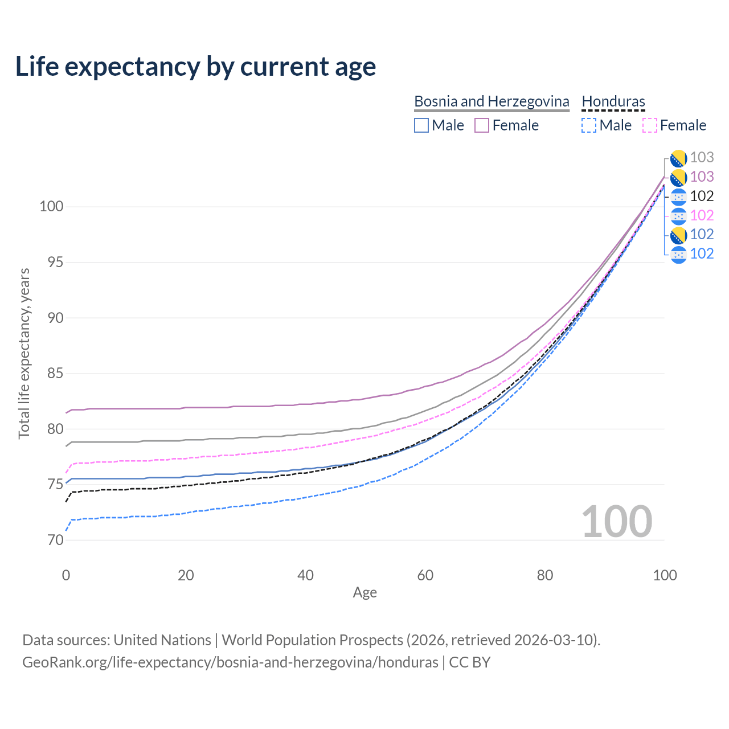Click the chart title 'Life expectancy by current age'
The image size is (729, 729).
click(195, 67)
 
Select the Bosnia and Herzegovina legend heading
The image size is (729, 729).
click(492, 101)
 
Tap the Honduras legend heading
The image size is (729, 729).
click(613, 101)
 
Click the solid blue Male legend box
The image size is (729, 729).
click(421, 125)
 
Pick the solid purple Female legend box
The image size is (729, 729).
click(482, 125)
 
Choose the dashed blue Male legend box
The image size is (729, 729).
click(589, 125)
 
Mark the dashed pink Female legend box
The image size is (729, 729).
click(650, 125)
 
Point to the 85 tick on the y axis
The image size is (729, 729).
click(55, 374)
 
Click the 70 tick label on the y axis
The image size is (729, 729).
click(55, 540)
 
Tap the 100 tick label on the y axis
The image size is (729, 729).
click(51, 206)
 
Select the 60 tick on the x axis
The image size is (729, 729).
click(425, 575)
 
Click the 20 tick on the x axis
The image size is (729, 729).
click(186, 575)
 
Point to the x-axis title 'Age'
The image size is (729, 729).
click(364, 593)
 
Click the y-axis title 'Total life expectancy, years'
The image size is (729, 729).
click(24, 353)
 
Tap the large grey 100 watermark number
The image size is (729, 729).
click(617, 522)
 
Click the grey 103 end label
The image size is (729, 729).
click(702, 157)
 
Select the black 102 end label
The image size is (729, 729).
click(702, 196)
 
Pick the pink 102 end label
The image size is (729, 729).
click(702, 215)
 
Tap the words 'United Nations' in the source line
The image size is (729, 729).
click(162, 640)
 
